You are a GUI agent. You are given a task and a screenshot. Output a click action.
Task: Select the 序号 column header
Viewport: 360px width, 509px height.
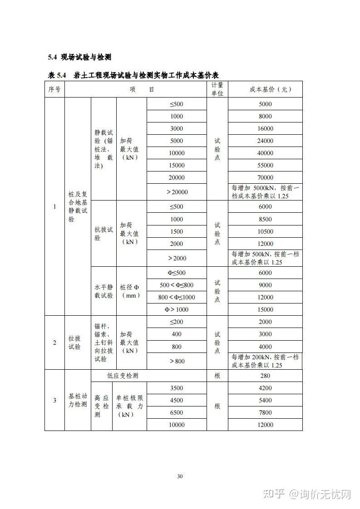[x=54, y=89]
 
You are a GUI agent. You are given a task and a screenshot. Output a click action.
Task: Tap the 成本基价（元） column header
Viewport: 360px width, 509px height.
[x=265, y=89]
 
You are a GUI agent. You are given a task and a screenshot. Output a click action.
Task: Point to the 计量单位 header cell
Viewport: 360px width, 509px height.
[x=217, y=89]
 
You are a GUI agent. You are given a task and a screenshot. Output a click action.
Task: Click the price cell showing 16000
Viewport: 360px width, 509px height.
[x=265, y=128]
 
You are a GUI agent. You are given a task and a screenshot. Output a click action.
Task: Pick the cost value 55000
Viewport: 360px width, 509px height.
[x=265, y=165]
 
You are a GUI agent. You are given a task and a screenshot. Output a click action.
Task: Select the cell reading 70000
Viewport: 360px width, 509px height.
[x=265, y=177]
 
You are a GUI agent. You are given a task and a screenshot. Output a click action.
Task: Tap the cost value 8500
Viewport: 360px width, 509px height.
[x=265, y=219]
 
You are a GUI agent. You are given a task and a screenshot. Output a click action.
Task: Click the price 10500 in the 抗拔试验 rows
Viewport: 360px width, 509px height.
[x=265, y=231]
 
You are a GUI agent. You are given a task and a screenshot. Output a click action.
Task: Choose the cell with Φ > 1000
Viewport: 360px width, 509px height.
[x=177, y=309]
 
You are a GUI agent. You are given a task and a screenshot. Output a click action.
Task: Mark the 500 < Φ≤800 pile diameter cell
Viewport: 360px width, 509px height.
[x=177, y=285]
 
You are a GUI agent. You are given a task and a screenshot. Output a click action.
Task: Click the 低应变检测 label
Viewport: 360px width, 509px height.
[x=123, y=376]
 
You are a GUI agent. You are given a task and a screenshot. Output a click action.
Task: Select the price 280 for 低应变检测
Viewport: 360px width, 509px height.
[x=265, y=376]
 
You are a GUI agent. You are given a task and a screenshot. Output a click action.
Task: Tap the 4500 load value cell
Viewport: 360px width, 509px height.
[x=177, y=400]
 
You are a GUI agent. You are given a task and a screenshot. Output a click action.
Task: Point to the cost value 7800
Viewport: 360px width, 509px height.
[x=265, y=412]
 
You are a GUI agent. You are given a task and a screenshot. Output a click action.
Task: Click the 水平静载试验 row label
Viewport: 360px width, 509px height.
[x=104, y=291]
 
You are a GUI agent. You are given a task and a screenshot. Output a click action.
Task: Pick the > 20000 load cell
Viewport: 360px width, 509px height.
[x=177, y=192]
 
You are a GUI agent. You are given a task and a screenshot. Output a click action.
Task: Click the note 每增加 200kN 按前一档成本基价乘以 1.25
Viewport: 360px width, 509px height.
[x=265, y=361]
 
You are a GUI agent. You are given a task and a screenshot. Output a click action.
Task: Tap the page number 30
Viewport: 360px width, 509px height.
[x=180, y=476]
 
